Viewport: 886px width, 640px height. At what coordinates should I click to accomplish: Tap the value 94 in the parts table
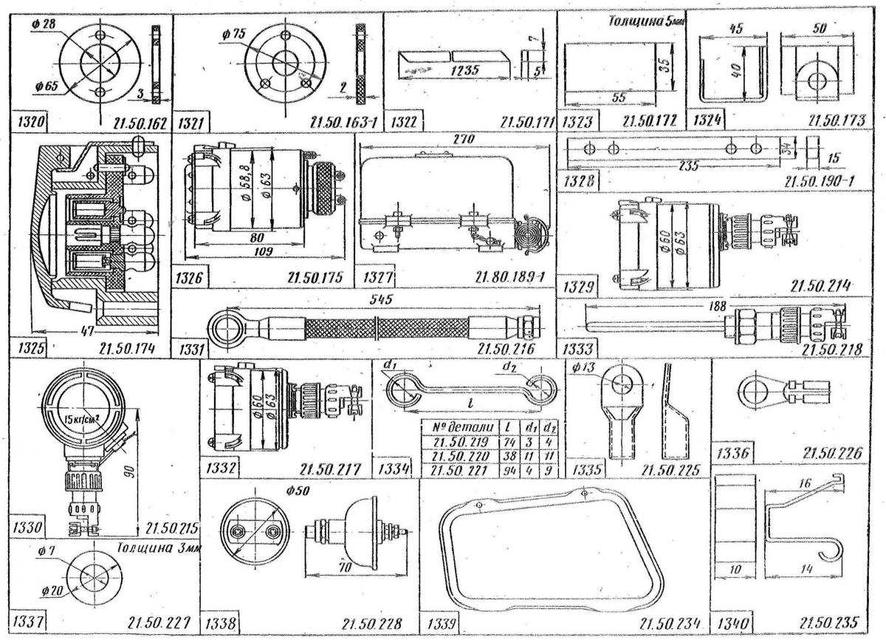click(x=506, y=469)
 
